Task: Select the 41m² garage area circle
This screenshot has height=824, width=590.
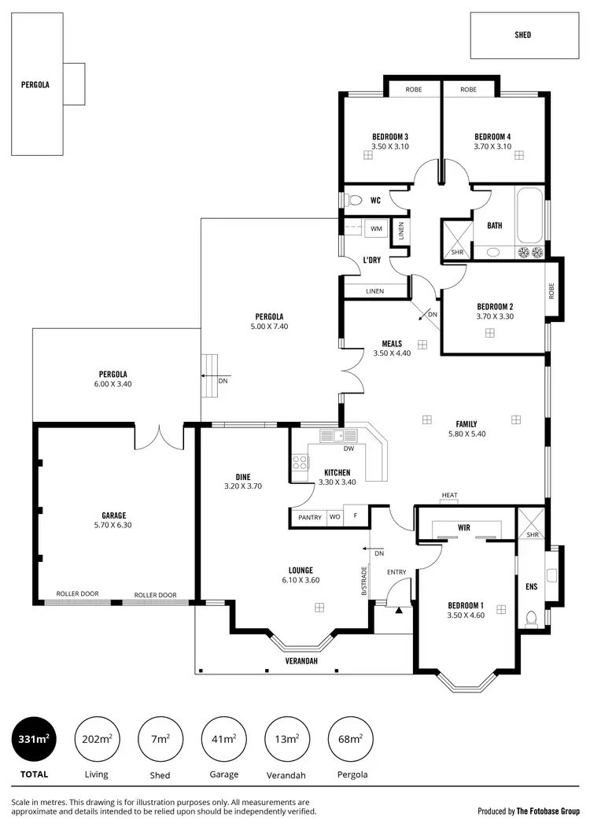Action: click(223, 739)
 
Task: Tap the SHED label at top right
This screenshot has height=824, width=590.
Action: click(523, 35)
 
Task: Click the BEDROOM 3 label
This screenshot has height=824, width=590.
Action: click(390, 137)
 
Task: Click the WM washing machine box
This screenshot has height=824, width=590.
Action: click(376, 229)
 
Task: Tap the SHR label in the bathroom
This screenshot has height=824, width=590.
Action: click(457, 252)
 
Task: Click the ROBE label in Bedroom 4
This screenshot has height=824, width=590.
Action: click(468, 90)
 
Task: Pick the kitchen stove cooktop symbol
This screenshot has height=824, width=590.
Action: click(301, 464)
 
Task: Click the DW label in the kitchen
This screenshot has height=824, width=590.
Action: click(348, 449)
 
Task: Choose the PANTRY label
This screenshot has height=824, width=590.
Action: click(310, 517)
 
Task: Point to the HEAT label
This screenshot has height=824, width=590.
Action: click(449, 496)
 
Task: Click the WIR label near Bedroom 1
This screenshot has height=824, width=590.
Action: click(463, 527)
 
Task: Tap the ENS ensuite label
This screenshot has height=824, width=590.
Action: click(531, 586)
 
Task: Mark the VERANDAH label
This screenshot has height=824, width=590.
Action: click(301, 661)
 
